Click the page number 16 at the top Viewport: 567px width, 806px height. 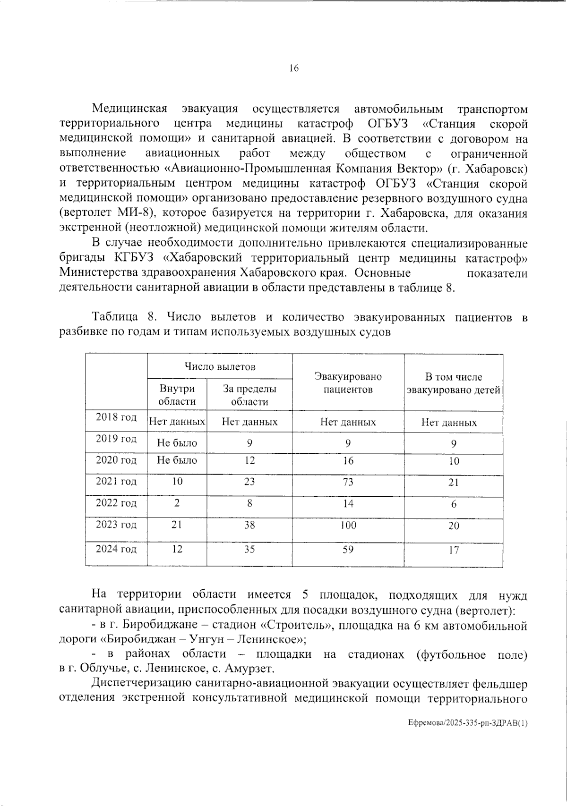point(293,68)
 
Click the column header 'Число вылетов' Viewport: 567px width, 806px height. point(220,367)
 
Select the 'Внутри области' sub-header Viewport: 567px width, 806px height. point(177,395)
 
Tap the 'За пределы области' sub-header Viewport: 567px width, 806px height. point(249,395)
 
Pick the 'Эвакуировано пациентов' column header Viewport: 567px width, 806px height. point(348,383)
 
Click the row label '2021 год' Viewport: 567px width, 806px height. point(116,481)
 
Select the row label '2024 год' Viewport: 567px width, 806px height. point(116,549)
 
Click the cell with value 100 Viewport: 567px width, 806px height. point(348,525)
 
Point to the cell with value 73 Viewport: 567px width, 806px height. point(348,482)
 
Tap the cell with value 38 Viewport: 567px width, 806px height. point(249,525)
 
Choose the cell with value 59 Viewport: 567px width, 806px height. point(348,550)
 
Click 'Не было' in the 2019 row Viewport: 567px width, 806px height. point(177,443)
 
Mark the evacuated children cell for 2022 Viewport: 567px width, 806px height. point(454,504)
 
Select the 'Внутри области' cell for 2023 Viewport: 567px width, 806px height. point(177,525)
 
